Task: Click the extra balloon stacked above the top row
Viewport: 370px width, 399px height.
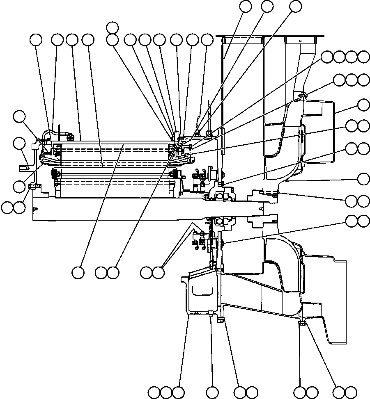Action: [112, 27]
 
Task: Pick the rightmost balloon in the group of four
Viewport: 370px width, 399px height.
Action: [363, 57]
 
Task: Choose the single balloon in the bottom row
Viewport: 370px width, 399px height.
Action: [212, 392]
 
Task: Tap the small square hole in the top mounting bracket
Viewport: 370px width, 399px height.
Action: [300, 41]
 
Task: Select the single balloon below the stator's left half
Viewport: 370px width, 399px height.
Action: [78, 272]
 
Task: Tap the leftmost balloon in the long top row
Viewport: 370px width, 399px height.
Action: [36, 40]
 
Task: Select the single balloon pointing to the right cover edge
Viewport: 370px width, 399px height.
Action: [363, 104]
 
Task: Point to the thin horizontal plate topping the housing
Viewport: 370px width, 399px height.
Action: [269, 36]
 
